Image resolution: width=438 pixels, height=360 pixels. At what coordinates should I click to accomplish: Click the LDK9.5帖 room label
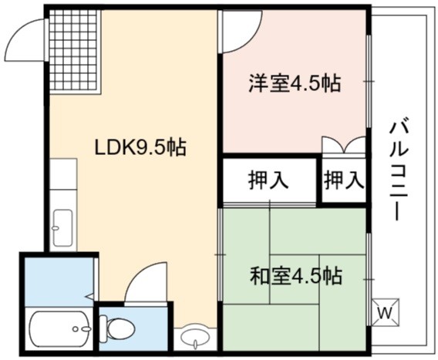coord(140,147)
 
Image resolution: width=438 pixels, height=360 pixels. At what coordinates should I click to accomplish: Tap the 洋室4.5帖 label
coord(295,83)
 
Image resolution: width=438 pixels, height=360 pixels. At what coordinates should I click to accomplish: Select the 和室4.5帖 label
coord(296,276)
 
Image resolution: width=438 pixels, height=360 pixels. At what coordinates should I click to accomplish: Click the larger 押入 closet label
coord(268,180)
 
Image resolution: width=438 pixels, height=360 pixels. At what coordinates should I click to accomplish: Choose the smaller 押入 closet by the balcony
coord(345,180)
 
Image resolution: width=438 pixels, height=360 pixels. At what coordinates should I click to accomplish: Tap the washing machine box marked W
coord(386,312)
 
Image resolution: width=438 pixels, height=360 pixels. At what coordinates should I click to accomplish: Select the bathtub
coord(60,329)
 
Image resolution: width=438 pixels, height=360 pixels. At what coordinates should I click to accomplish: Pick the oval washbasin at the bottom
coord(195,336)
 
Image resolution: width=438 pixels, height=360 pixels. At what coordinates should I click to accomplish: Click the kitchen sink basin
coord(63,227)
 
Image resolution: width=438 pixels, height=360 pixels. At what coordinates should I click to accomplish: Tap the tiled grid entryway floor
coord(74,50)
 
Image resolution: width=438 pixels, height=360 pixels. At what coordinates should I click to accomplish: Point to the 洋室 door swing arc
coord(250,39)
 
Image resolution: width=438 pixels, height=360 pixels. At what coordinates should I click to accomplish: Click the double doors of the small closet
coord(344,145)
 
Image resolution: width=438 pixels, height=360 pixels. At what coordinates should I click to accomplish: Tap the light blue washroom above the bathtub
coord(59,281)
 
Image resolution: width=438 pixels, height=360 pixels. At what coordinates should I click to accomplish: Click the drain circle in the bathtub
coord(75,329)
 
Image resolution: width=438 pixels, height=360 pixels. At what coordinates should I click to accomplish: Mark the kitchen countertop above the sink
coord(63,173)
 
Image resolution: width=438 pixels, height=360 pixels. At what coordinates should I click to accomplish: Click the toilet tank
coord(103,328)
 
